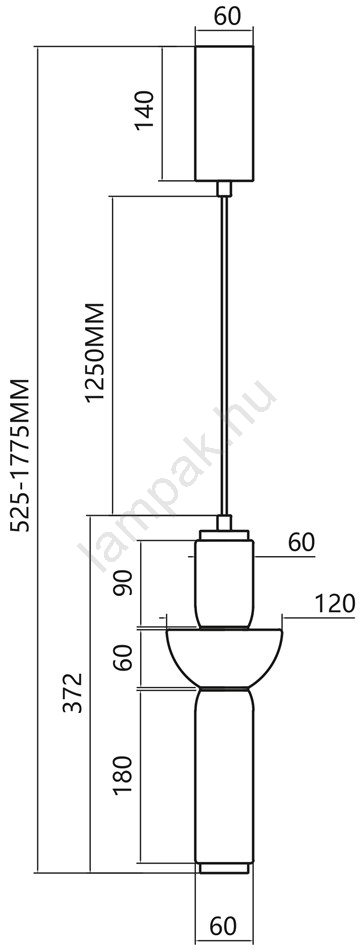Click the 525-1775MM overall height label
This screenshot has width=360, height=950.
[x=21, y=454]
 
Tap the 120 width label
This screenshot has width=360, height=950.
[x=334, y=603]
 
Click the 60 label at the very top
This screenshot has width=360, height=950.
[x=228, y=16]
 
